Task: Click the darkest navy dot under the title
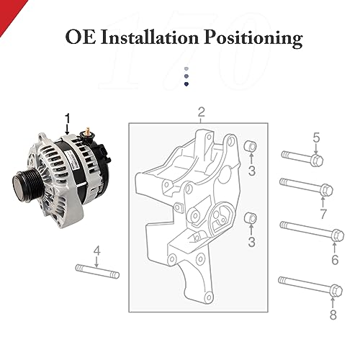click(x=186, y=84)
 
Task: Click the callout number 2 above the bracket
click(x=201, y=112)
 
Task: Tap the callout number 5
click(x=315, y=138)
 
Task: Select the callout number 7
click(x=323, y=214)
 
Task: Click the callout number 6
click(x=334, y=259)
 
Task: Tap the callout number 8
click(x=333, y=315)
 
